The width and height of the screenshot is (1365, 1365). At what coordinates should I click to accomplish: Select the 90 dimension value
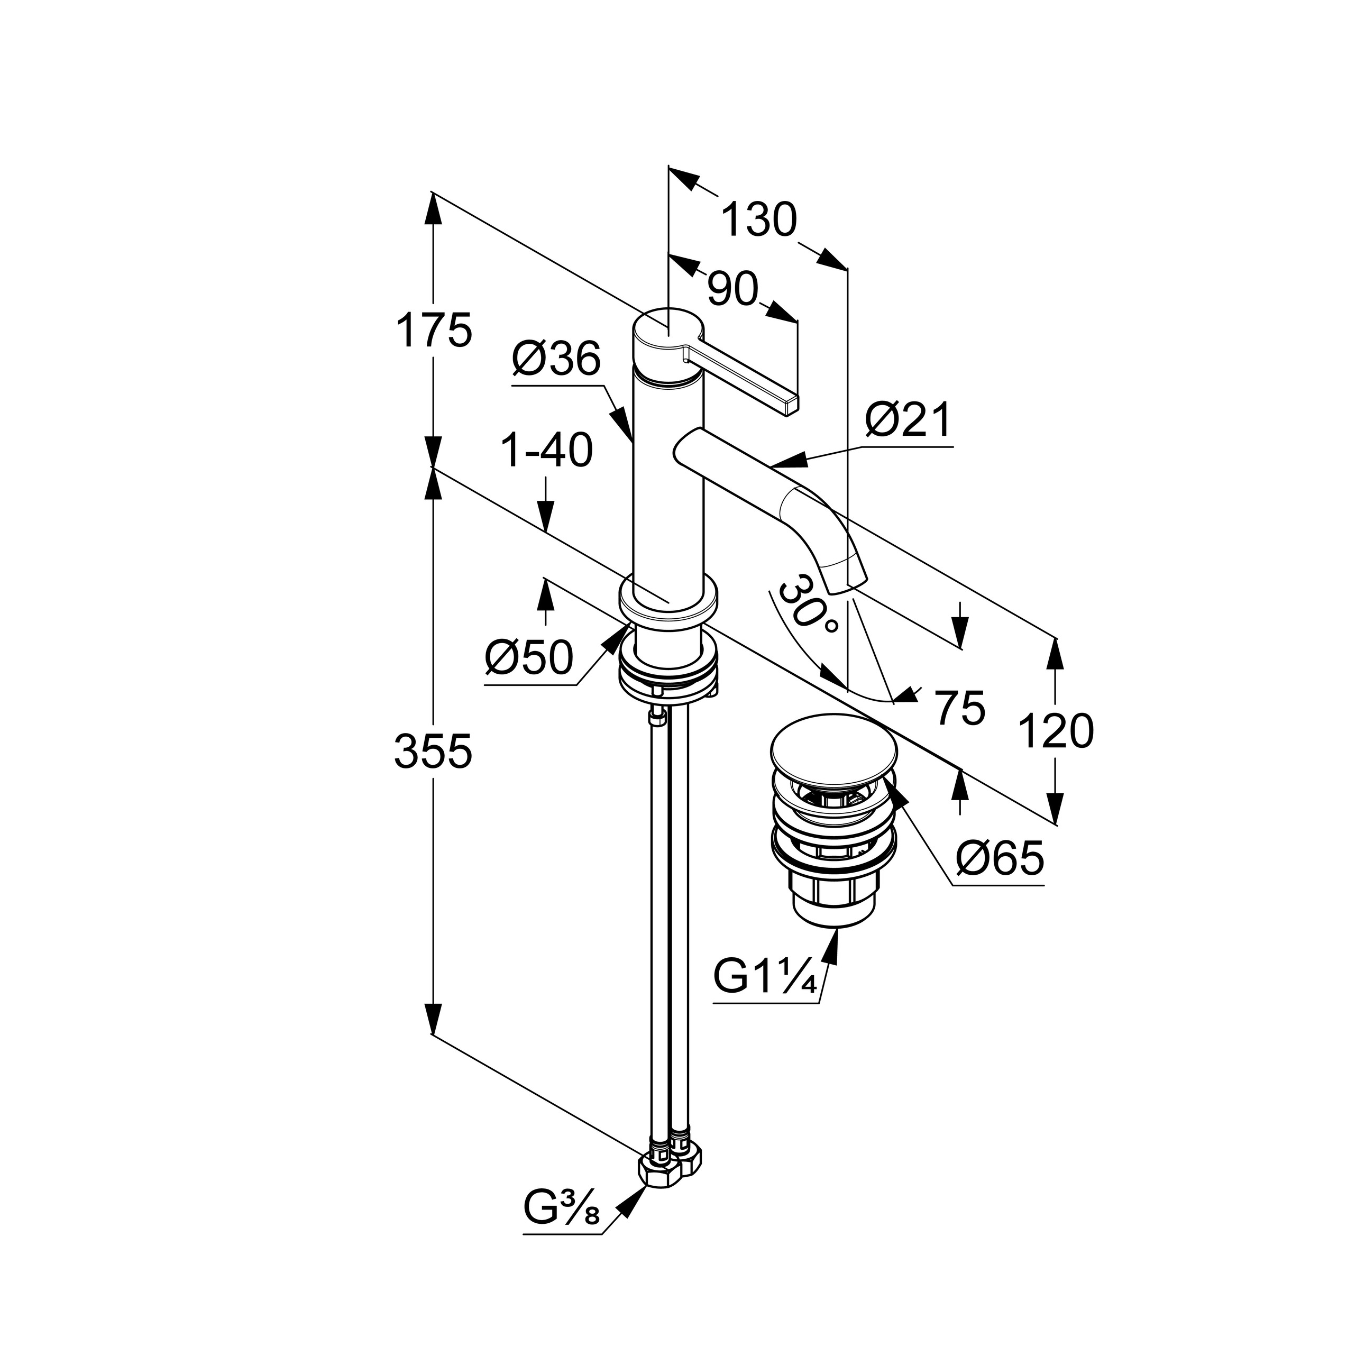pos(732,290)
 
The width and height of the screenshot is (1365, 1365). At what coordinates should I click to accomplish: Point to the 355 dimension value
pos(433,751)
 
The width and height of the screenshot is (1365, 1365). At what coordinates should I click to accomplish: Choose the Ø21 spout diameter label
pos(909,422)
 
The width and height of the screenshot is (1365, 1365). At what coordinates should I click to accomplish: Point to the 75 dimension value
pos(959,708)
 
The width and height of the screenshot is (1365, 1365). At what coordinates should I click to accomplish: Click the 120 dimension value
pos(1056,731)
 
